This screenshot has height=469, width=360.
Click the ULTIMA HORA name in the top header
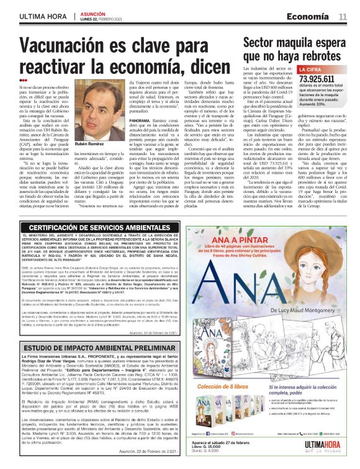point(42,16)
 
